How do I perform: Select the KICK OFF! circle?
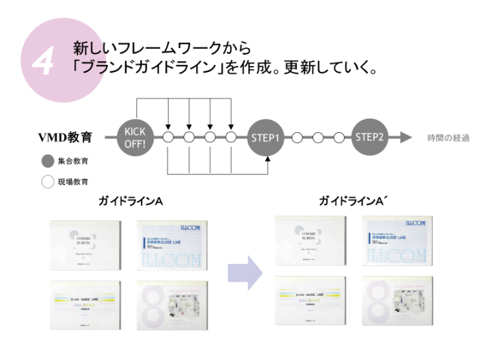tap(136, 137)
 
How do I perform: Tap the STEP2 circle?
tap(370, 137)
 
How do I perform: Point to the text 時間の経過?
tap(448, 138)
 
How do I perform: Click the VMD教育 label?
tap(65, 138)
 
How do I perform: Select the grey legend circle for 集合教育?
tap(48, 161)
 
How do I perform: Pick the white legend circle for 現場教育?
tap(48, 181)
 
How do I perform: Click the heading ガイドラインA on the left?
tap(130, 200)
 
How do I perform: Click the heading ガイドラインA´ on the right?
tap(353, 200)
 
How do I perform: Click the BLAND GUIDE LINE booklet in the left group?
tap(85, 305)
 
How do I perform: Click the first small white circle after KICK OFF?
tap(168, 138)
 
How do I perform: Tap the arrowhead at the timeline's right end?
tap(407, 138)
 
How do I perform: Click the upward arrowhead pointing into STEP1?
tap(268, 159)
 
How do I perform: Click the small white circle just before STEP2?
tap(339, 138)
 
